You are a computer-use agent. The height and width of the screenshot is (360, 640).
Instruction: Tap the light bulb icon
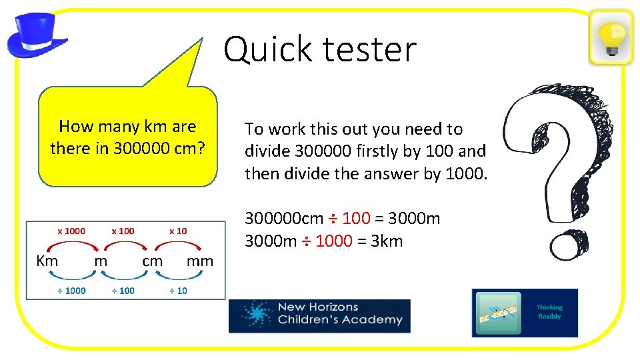pos(611,37)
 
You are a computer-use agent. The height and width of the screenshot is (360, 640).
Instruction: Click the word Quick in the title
pos(266,49)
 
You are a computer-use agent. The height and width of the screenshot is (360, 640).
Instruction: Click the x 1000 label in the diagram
pos(71,231)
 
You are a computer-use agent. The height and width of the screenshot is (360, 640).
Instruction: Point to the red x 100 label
pos(123,231)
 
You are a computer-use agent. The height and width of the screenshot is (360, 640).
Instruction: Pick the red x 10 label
pos(178,231)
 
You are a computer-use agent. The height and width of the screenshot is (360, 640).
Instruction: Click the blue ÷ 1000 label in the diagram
pos(71,291)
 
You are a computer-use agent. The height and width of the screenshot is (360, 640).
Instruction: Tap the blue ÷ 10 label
pos(178,291)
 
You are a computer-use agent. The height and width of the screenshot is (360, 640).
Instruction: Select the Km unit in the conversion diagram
pos(47,261)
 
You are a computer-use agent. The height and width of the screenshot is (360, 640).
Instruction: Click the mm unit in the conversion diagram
pos(200,261)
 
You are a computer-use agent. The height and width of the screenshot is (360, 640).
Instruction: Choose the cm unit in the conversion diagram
pos(152,261)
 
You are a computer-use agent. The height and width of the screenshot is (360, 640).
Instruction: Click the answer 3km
pos(386,241)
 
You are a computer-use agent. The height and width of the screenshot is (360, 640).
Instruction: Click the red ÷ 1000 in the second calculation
pos(327,241)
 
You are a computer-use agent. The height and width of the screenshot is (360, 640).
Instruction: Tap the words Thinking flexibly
pos(549,312)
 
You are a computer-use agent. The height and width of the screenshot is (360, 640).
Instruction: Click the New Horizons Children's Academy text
pos(339,313)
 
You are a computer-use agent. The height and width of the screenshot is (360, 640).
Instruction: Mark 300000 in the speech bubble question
pos(141,149)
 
